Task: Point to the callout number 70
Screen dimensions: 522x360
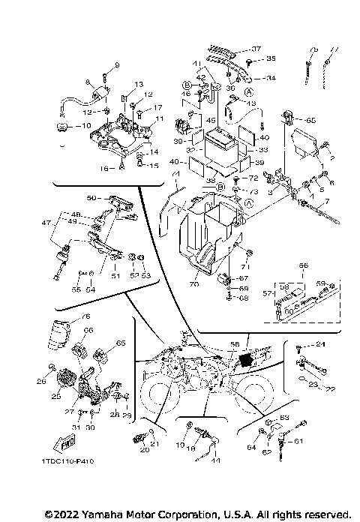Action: point(193,283)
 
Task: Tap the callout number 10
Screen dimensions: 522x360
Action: point(85,125)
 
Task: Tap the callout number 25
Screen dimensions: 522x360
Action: point(55,395)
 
